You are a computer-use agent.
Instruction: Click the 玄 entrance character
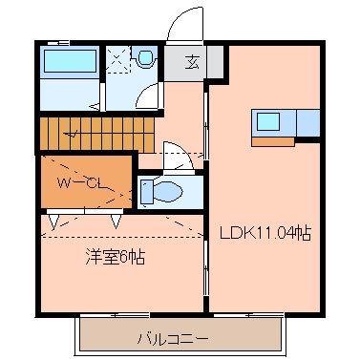tap(191, 64)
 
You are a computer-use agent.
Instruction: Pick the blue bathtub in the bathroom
tap(70, 62)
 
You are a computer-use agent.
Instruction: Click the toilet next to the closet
tap(167, 192)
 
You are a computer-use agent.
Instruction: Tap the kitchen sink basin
tap(267, 123)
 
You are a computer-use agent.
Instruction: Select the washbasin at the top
tap(145, 58)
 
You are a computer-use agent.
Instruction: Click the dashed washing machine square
tap(118, 59)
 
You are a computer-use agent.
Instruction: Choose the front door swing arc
tap(181, 29)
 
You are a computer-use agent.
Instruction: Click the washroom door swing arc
tap(148, 95)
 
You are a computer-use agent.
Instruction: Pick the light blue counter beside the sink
tap(309, 123)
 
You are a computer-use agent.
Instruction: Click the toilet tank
tap(144, 192)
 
